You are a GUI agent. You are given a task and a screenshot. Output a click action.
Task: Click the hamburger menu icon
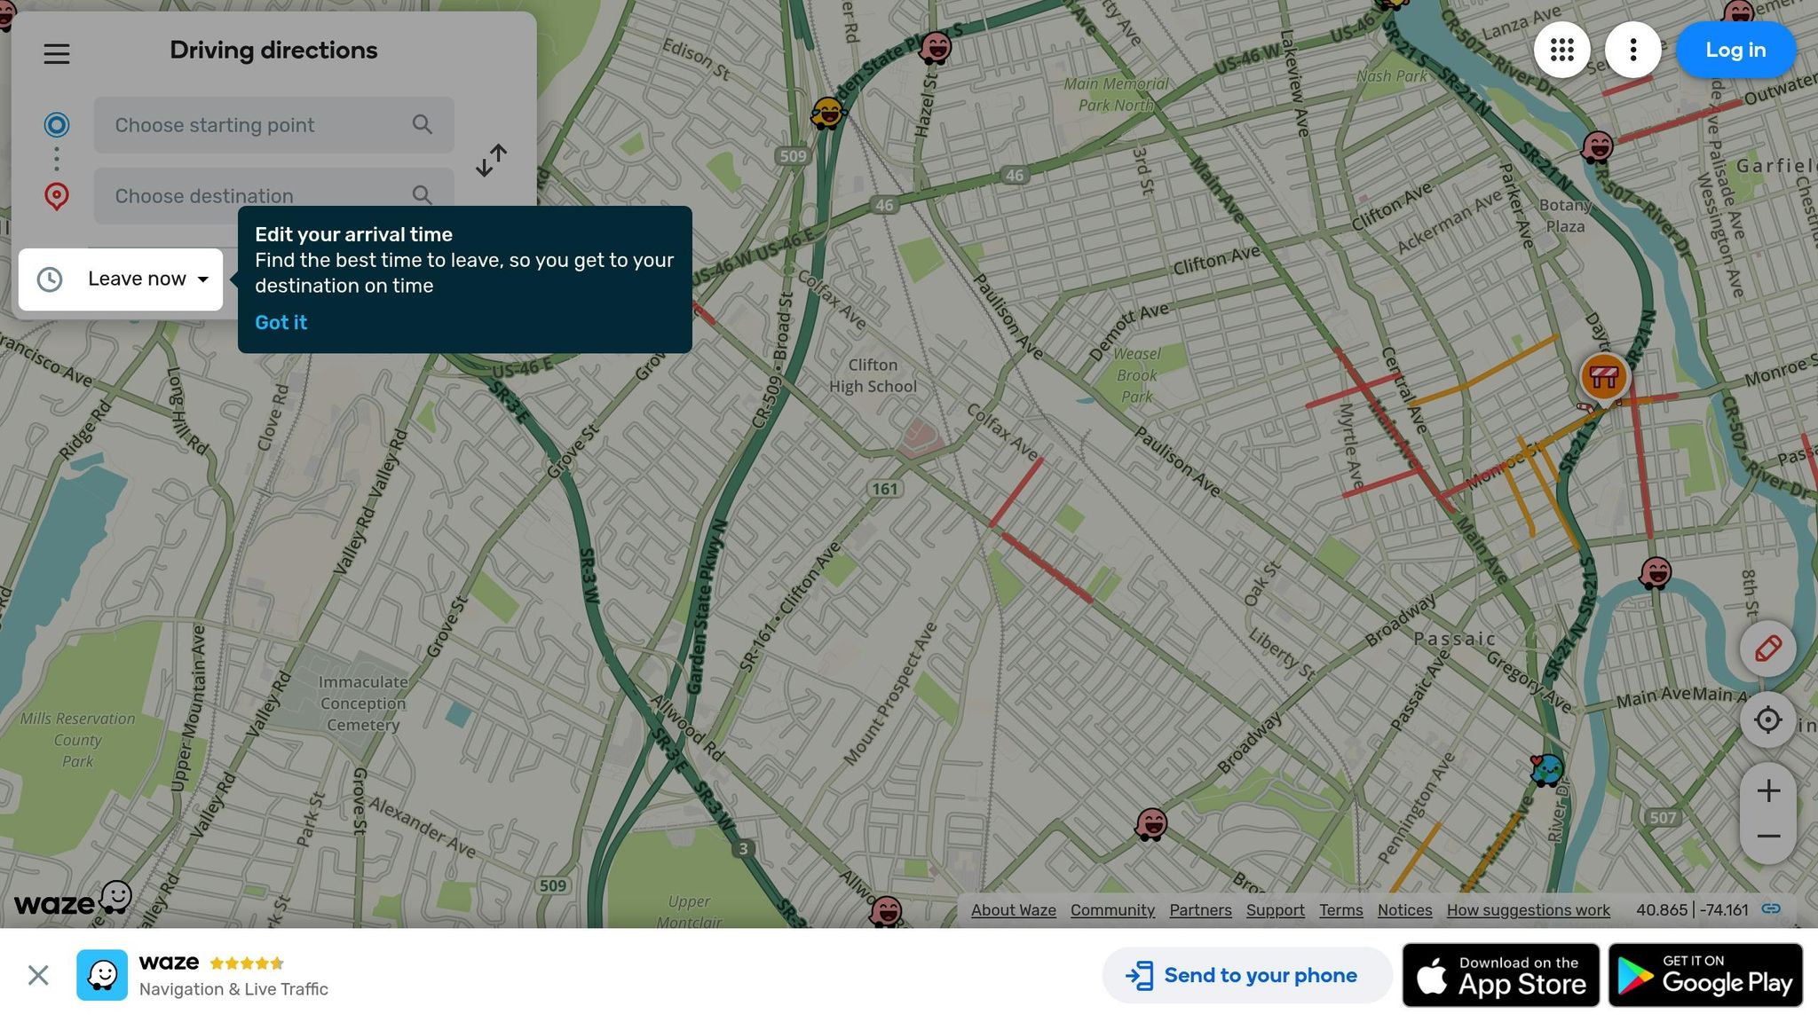(57, 54)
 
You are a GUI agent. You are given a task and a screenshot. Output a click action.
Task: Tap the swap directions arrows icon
(491, 161)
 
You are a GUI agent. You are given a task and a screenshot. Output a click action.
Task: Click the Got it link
(281, 323)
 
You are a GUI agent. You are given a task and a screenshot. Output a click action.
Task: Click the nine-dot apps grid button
(1561, 50)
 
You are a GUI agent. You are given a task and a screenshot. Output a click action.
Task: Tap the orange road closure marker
(1603, 377)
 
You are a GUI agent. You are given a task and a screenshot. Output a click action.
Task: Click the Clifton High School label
(873, 376)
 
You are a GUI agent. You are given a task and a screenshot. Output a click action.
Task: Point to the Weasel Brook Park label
(1137, 375)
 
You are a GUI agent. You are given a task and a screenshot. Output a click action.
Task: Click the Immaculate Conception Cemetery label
(363, 704)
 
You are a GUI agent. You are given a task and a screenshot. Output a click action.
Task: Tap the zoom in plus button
(1767, 790)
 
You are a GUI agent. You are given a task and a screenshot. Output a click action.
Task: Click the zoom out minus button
(1767, 837)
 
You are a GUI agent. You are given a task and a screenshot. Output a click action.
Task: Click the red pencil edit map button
(1767, 649)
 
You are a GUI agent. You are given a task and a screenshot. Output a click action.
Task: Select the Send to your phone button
(1245, 976)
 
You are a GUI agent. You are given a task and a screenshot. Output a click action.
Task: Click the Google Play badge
(1705, 976)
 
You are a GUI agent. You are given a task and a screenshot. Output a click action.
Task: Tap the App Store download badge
(1500, 976)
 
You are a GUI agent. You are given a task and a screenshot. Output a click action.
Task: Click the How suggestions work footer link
(1528, 910)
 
